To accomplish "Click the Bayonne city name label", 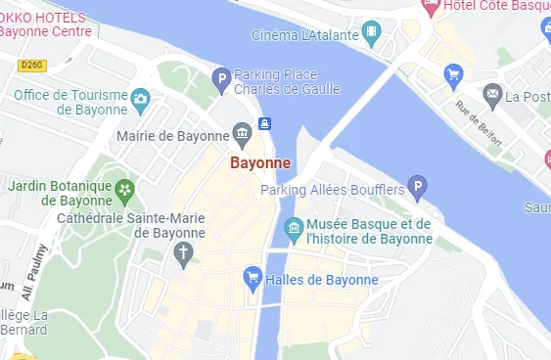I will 261,163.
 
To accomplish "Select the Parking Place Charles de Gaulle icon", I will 222,77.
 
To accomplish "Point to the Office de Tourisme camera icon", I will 141,99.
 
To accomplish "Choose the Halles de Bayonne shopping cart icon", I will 252,279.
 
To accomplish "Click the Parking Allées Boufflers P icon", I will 418,186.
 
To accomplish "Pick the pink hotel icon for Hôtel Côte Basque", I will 428,7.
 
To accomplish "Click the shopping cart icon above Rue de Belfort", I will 452,73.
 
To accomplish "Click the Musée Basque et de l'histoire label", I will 368,231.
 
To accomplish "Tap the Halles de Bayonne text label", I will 320,280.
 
